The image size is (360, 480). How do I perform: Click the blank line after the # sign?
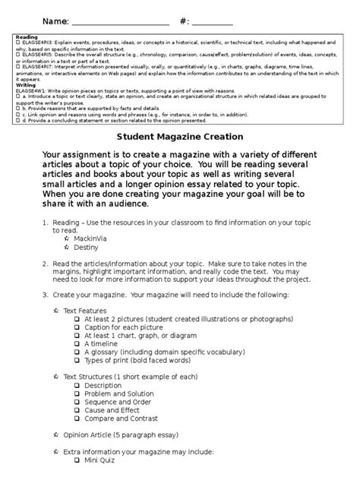(x=212, y=21)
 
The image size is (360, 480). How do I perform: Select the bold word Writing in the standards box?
(x=27, y=86)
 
